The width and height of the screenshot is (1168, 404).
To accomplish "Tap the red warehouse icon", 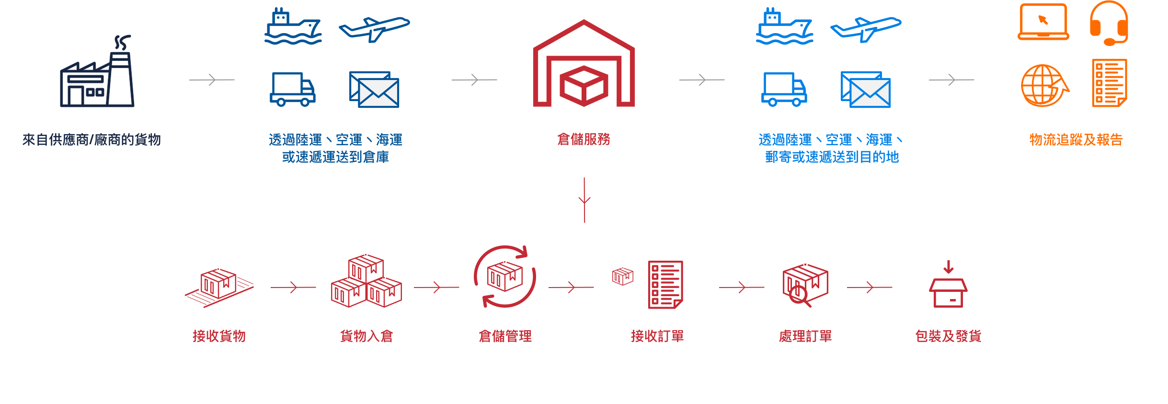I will pos(584,65).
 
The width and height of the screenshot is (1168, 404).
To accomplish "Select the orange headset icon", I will pos(1109,24).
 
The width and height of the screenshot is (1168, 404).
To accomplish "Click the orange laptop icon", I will pos(1043,22).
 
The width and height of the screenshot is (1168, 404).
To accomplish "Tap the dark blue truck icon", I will pos(293,89).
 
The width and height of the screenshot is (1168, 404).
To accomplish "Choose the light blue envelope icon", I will pos(866,90).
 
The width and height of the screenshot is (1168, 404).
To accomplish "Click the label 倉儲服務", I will pos(584,139).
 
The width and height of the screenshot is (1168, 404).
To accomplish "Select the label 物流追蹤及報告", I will pos(1076,139).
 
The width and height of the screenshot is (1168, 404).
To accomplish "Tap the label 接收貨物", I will pos(219,336).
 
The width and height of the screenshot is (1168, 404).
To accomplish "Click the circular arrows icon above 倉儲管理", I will pos(505,277).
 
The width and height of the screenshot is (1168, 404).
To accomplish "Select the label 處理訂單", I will pos(805,336).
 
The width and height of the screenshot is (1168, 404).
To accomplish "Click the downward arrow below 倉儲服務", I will pos(584,200).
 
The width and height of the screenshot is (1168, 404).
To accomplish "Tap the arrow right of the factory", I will pos(212,80).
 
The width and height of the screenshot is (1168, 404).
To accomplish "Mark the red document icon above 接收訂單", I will pos(665,285).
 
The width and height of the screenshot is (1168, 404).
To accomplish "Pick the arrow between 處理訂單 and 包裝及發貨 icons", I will pos(870,288).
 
